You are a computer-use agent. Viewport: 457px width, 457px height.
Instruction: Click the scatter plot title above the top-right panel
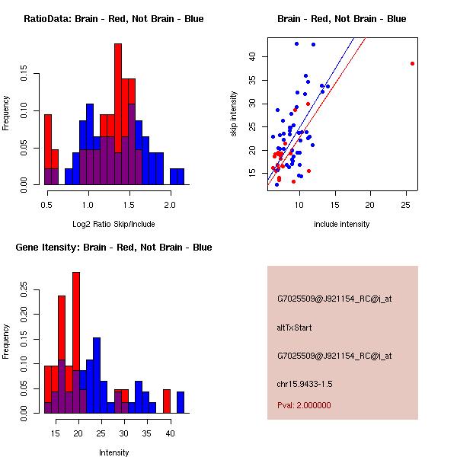point(341,19)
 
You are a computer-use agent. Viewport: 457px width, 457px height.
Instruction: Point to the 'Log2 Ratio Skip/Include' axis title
point(113,224)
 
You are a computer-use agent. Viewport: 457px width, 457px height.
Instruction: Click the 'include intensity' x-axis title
point(342,224)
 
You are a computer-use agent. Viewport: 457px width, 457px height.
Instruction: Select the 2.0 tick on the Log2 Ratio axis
point(169,204)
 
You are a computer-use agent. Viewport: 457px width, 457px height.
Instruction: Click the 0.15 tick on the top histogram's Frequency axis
point(25,76)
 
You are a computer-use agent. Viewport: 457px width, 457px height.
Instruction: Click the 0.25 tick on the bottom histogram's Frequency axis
point(25,290)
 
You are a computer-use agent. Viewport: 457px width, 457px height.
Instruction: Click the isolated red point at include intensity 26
point(412,63)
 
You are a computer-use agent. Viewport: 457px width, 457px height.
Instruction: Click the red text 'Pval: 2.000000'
point(305,405)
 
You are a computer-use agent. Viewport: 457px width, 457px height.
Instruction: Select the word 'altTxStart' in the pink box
point(295,328)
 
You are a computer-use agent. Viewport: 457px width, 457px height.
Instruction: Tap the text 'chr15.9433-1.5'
point(305,383)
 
